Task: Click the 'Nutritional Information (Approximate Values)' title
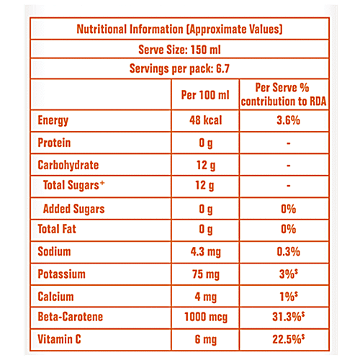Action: pos(179,30)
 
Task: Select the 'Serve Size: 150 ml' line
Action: pos(179,50)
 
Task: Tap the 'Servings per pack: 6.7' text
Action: pos(179,72)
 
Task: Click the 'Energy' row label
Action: pos(54,121)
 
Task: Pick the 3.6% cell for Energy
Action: pos(287,121)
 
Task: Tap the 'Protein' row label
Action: pos(55,143)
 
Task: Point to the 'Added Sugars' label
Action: pos(73,210)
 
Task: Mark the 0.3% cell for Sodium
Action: pos(287,253)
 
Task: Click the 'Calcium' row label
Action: pos(55,296)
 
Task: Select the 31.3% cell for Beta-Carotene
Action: pos(287,318)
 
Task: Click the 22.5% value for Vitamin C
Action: pos(287,338)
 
